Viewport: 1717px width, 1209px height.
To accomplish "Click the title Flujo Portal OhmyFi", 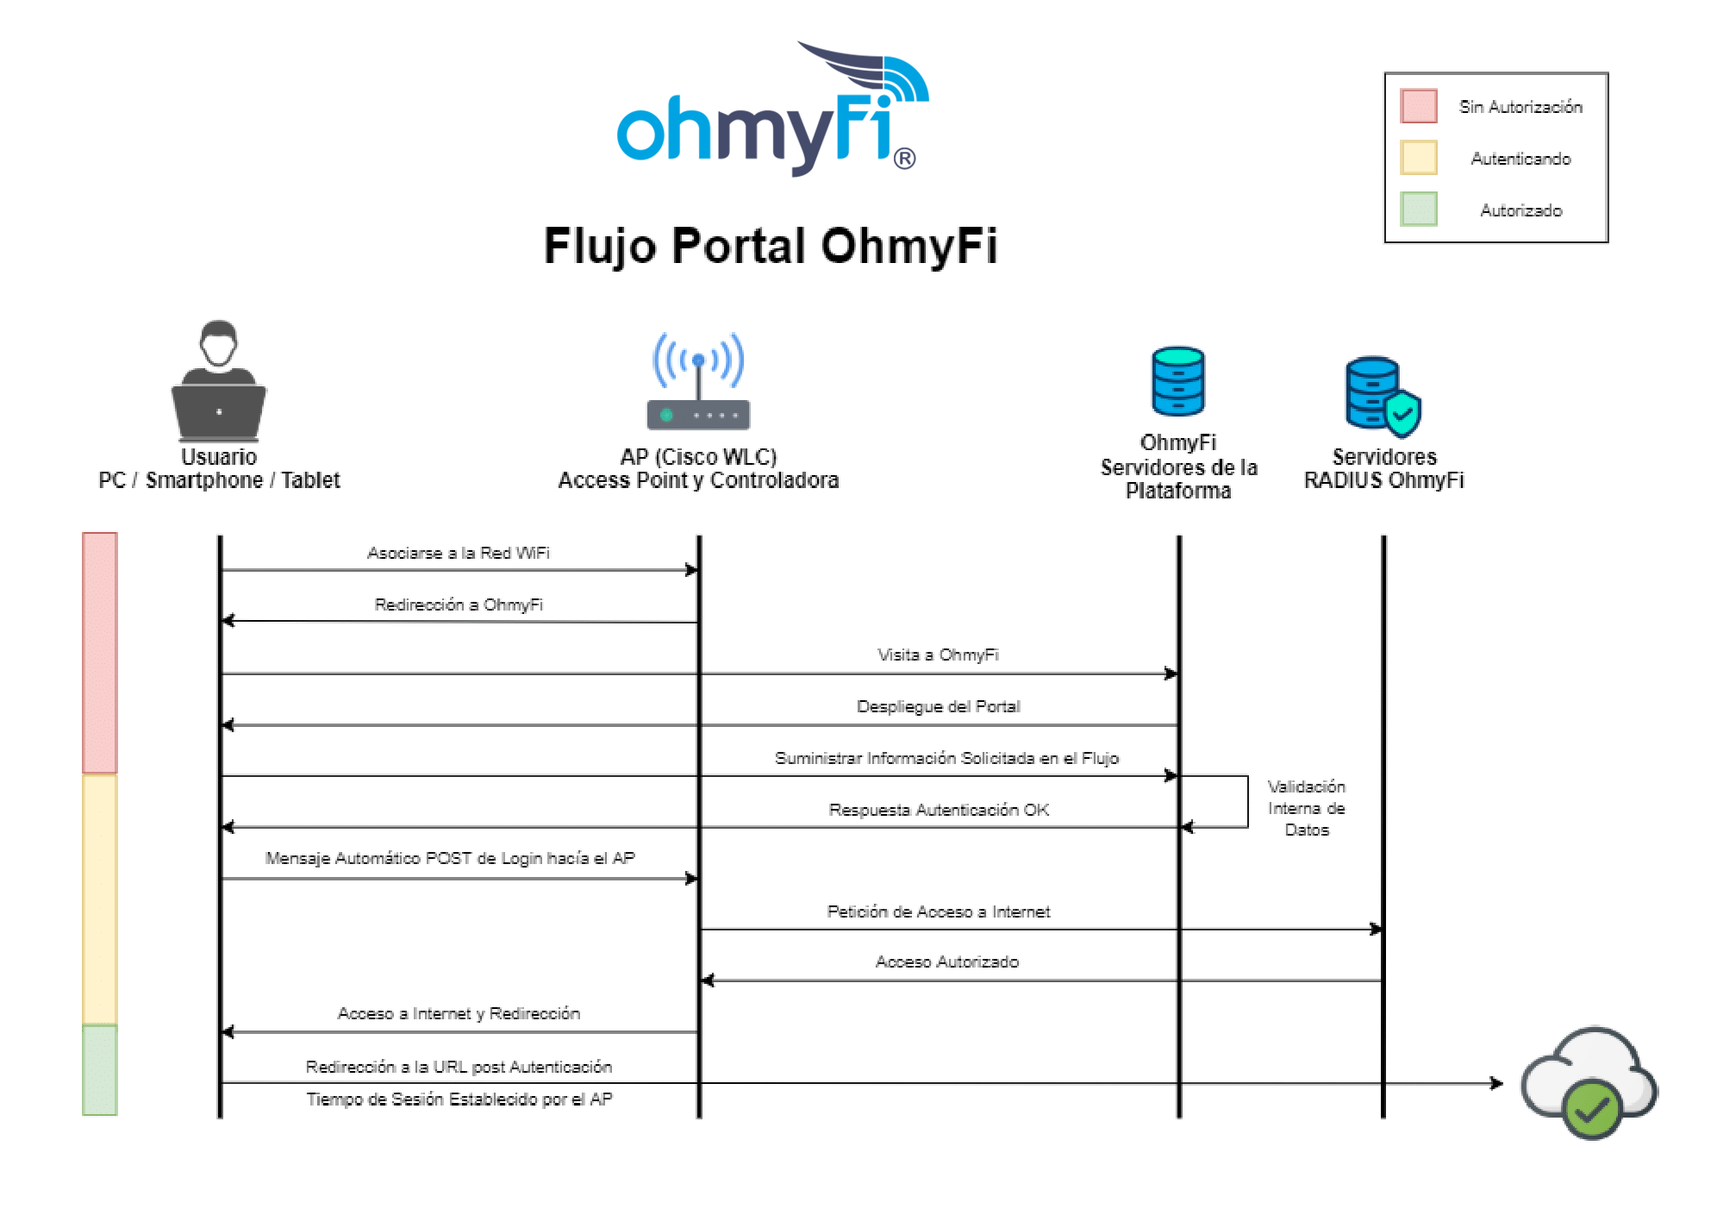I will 770,247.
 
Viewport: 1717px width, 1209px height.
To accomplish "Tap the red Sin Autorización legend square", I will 1418,106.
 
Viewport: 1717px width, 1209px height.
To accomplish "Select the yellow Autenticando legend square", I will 1418,158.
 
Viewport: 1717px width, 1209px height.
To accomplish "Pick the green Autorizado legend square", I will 1418,210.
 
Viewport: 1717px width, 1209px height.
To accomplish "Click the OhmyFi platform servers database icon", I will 1177,381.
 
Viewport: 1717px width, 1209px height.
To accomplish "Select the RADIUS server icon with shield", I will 1382,394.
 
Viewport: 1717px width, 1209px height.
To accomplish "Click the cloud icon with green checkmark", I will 1589,1083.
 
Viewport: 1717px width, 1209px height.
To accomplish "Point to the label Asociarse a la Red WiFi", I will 458,553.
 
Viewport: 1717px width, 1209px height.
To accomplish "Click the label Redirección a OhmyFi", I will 458,604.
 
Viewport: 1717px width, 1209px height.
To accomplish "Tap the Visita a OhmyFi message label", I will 938,655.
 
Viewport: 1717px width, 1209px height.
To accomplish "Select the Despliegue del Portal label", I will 938,706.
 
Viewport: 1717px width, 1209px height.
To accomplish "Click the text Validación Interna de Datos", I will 1306,808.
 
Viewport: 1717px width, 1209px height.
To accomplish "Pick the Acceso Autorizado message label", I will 946,962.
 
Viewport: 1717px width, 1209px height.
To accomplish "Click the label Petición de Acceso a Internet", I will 938,911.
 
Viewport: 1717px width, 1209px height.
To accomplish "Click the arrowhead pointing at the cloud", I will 1497,1083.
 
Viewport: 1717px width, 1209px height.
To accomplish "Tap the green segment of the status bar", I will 99,1070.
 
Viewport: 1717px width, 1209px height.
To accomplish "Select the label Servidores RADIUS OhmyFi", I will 1383,468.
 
